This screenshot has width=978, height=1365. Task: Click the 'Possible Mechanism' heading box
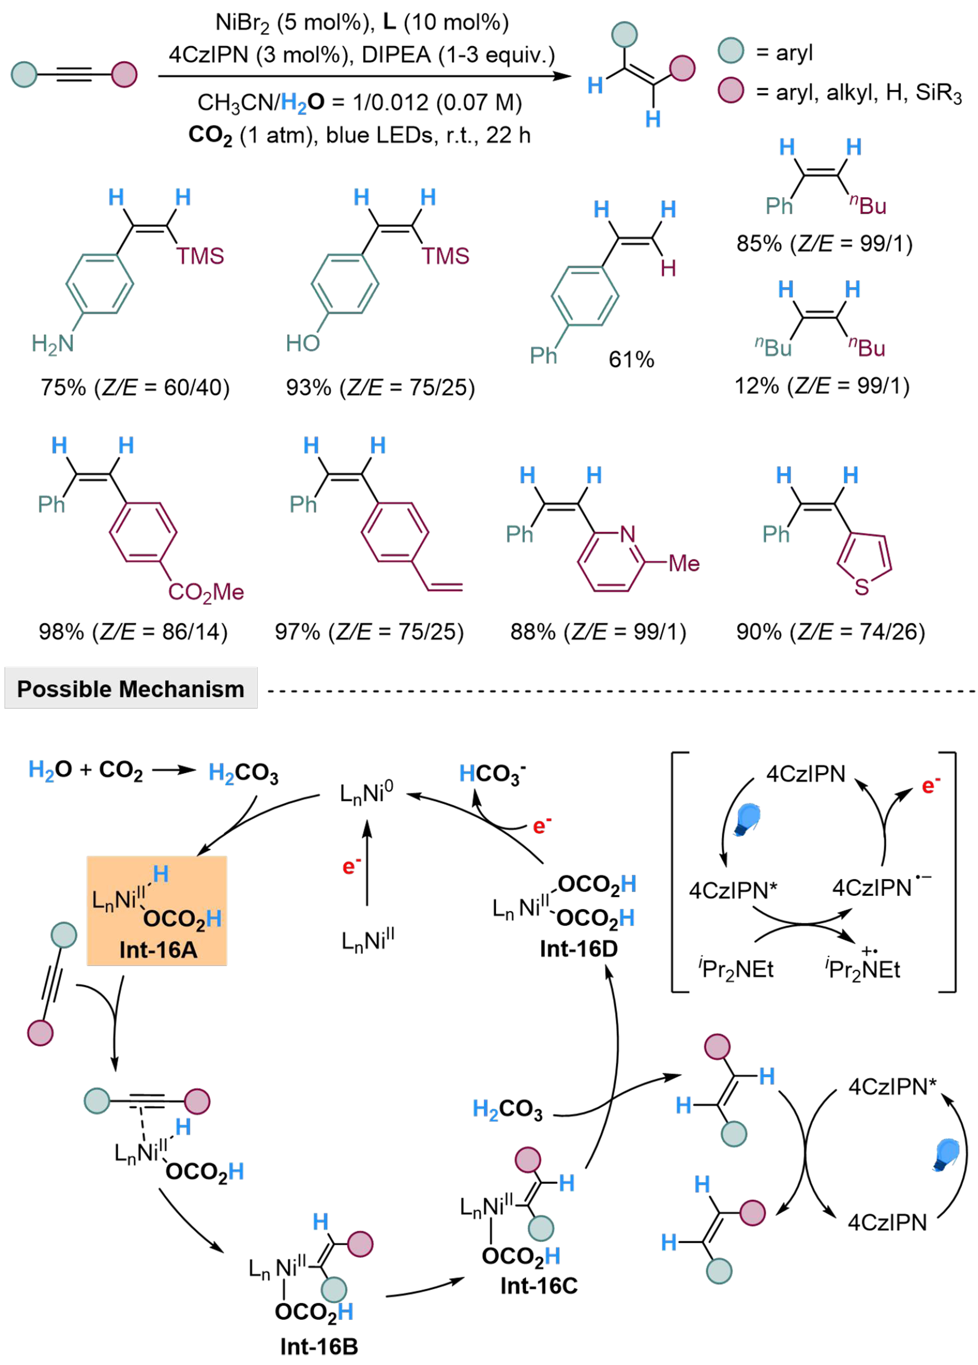coord(131,688)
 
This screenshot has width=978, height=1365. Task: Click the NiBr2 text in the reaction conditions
coord(243,23)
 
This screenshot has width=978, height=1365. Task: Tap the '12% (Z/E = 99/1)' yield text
coord(821,385)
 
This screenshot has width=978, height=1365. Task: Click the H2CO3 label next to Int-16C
coord(507,1109)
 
